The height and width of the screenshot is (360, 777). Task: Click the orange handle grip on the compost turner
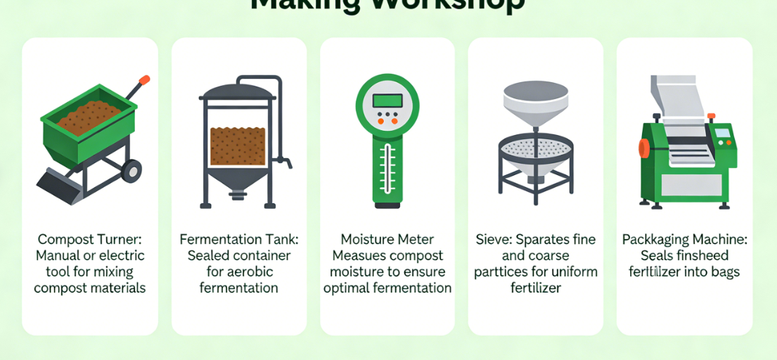(x=143, y=80)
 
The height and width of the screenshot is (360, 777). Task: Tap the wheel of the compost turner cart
(x=131, y=171)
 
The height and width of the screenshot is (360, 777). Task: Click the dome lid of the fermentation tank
(x=238, y=91)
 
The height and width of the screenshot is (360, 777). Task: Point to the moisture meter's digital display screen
(x=387, y=100)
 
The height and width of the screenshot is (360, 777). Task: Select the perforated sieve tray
(x=536, y=146)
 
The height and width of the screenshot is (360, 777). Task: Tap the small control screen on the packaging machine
(x=721, y=133)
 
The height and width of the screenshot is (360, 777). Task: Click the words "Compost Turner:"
(x=90, y=239)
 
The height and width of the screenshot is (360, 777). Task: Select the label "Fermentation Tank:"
(x=238, y=239)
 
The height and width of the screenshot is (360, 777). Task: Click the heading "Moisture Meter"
(x=387, y=239)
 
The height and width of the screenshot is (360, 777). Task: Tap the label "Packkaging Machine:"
(x=684, y=239)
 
